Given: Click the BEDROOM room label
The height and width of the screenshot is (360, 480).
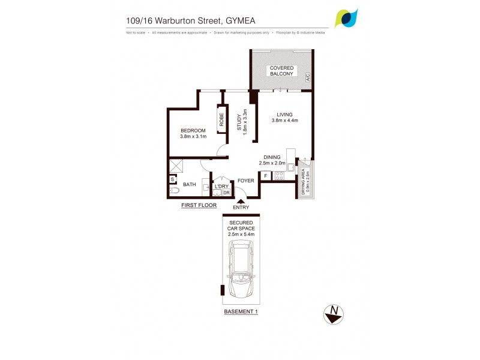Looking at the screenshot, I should (193, 131).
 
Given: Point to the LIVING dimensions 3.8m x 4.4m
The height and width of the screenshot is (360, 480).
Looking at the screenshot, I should (285, 121).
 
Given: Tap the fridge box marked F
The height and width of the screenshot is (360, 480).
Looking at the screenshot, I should (266, 176).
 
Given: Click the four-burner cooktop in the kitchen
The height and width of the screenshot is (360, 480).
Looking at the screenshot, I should (279, 176).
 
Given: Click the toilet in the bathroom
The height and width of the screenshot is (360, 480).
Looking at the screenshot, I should (173, 191).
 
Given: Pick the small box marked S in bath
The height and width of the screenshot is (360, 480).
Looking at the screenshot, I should (172, 179).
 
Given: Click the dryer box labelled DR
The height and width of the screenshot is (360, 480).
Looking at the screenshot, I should (226, 193).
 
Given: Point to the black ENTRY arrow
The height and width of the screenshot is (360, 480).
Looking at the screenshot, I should (240, 201).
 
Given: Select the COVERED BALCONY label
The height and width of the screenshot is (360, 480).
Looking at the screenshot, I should (281, 71).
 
